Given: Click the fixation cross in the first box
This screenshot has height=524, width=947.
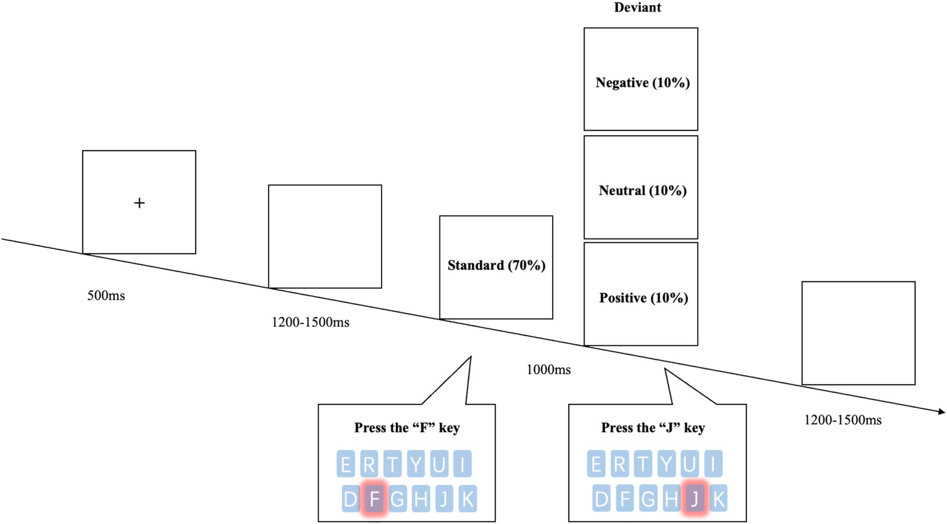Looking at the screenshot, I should (139, 203).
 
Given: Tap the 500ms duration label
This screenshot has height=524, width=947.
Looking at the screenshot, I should (106, 295).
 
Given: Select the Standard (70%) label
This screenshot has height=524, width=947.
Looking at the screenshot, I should (496, 266).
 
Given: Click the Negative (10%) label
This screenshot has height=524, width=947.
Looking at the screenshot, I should (642, 83).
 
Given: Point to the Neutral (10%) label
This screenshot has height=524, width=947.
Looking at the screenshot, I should (642, 191).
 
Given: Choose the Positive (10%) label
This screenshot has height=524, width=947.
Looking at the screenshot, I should (643, 298).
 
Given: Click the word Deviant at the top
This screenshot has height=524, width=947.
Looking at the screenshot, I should (637, 8).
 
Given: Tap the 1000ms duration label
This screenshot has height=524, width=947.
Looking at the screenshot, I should (548, 370).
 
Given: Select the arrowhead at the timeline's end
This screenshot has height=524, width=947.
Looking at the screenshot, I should (941, 411).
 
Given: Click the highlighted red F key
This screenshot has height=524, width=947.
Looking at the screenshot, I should (374, 499).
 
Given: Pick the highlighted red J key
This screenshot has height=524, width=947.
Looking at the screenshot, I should (695, 499).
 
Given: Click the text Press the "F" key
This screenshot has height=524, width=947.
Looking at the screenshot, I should (407, 428).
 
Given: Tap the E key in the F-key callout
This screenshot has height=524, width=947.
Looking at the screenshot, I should (346, 464).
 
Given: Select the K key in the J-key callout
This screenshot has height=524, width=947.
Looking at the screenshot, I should (718, 499).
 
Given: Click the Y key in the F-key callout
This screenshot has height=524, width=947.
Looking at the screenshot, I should (415, 464).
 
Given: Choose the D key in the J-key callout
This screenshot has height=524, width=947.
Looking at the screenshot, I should (601, 499).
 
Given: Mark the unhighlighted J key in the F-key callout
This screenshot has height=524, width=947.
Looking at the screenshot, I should (444, 499).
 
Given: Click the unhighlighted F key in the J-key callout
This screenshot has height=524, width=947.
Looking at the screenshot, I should (625, 499).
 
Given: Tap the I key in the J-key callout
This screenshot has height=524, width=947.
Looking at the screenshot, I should (714, 464).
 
